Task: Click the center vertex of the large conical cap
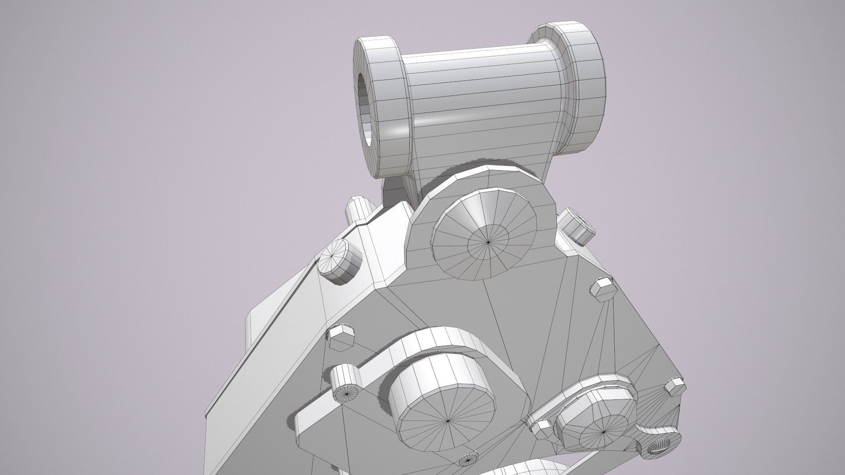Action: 489,241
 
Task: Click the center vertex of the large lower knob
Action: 448,421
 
